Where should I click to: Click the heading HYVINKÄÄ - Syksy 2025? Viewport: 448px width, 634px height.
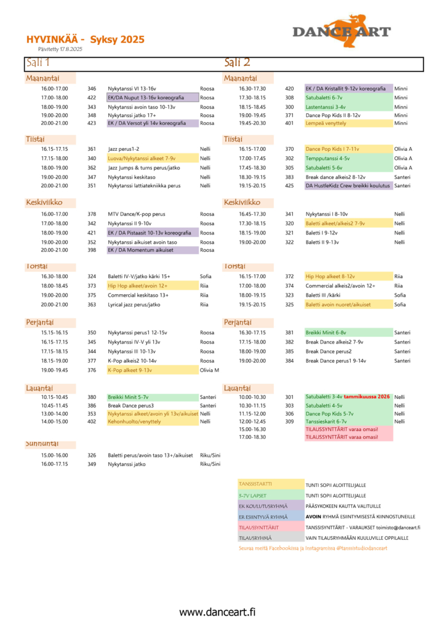[86, 39]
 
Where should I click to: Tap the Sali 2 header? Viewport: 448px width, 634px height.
[237, 63]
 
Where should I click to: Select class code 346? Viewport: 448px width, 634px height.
[92, 89]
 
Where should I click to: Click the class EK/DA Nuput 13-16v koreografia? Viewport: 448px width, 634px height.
[153, 97]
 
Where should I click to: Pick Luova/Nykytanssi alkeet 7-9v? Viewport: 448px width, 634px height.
[142, 158]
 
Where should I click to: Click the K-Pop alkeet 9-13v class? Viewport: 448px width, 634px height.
[130, 370]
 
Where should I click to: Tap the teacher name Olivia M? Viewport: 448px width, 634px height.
[209, 370]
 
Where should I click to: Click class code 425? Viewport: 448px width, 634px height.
[289, 185]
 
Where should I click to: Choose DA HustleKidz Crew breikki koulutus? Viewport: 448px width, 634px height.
[348, 185]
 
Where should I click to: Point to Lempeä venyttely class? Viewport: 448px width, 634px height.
[326, 123]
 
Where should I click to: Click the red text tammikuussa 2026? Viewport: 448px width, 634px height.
[367, 397]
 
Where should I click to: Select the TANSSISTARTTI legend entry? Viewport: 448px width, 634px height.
[255, 484]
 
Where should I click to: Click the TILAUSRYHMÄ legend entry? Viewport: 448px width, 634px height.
[254, 537]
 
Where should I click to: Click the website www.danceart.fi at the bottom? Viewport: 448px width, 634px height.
[217, 612]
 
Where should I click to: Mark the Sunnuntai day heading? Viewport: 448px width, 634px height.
[42, 444]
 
